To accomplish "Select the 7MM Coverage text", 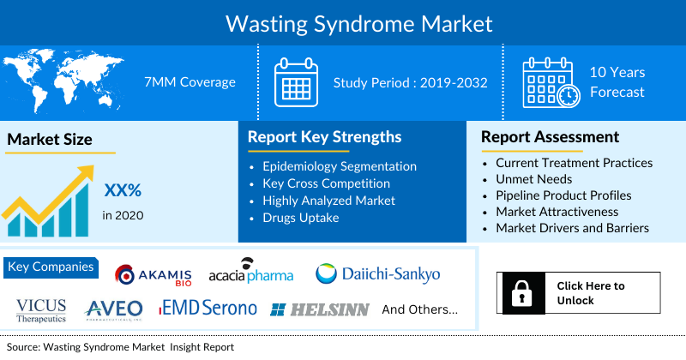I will (x=190, y=82).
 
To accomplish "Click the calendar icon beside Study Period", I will (x=296, y=83).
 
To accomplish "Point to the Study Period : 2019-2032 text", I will (x=410, y=83).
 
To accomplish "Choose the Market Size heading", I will (x=49, y=139).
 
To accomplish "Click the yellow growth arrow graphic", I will (x=51, y=193).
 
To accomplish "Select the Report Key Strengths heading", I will (x=324, y=137).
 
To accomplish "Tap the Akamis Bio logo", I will (x=153, y=274).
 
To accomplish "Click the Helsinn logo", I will (x=318, y=309).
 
